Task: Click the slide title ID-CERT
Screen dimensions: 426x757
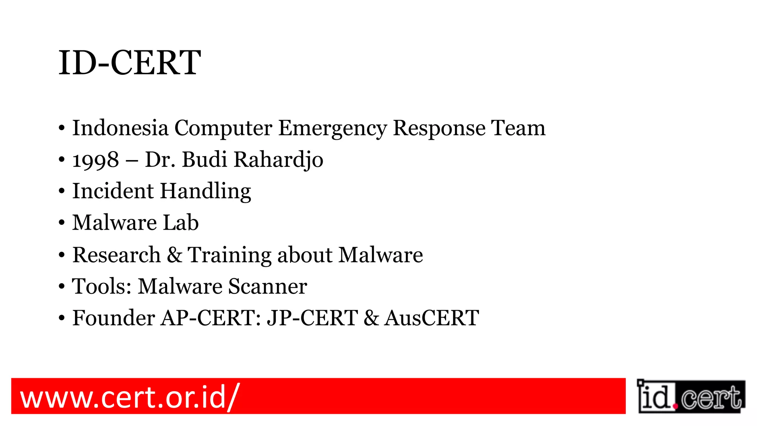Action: coord(130,63)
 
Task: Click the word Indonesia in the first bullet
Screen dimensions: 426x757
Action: coord(120,128)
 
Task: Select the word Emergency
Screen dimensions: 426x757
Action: coord(332,129)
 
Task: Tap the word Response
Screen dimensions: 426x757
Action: coord(439,129)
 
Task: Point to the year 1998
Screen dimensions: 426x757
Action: coord(96,160)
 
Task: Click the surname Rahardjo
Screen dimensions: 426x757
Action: coord(279,160)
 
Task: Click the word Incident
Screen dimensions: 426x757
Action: coord(113,191)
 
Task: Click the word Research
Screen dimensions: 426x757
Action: coord(116,255)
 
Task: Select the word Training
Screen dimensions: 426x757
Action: coord(230,256)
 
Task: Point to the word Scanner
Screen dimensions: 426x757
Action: coord(267,286)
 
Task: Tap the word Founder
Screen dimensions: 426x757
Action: coord(113,318)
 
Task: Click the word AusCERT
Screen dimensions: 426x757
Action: coord(432,318)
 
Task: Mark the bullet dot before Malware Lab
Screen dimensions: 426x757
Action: coord(62,223)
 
